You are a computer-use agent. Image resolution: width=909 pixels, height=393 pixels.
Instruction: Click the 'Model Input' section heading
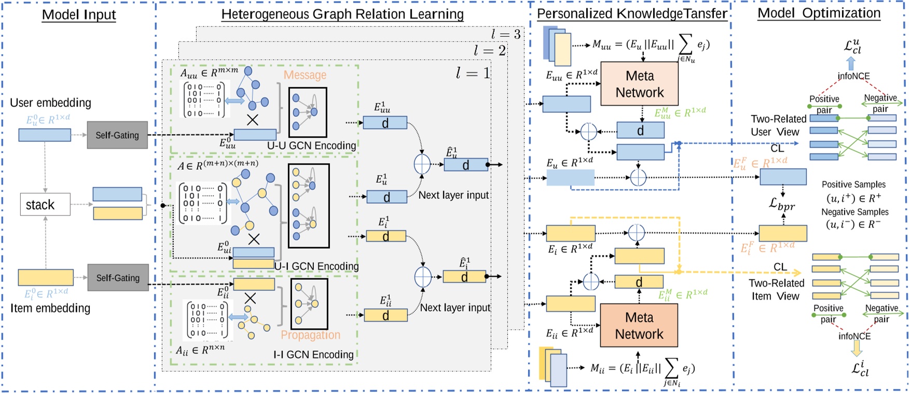(x=79, y=15)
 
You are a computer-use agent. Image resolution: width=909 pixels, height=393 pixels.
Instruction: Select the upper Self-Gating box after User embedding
(x=117, y=135)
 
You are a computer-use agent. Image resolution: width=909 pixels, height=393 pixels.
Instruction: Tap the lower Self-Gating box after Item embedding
(x=118, y=278)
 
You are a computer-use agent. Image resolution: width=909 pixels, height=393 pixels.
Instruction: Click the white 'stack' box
(x=45, y=205)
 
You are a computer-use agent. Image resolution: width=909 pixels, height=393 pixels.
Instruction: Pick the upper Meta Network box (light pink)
(x=639, y=84)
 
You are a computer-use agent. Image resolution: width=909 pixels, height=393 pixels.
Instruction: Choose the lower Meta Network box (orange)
(x=639, y=326)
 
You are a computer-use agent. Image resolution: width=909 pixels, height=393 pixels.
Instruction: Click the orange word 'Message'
(x=305, y=75)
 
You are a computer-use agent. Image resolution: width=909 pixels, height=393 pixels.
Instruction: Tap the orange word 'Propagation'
(x=310, y=335)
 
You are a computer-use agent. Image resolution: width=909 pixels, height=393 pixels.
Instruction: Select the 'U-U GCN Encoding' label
(x=311, y=146)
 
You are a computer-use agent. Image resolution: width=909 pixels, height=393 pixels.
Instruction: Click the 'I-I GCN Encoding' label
(x=313, y=355)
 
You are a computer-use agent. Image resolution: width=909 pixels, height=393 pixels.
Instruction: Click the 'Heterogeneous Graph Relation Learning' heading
(x=342, y=15)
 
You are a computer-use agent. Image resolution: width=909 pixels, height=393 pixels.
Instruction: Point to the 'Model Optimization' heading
(x=819, y=13)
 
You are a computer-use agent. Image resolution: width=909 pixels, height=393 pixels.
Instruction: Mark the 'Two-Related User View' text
(x=778, y=126)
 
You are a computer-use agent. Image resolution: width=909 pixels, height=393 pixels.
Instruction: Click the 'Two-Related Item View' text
(x=776, y=290)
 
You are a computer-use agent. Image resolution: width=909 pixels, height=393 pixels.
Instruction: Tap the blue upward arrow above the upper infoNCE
(x=851, y=63)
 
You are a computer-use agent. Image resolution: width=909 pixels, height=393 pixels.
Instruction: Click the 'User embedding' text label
(x=50, y=103)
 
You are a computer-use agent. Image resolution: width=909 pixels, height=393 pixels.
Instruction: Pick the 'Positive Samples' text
(x=853, y=184)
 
